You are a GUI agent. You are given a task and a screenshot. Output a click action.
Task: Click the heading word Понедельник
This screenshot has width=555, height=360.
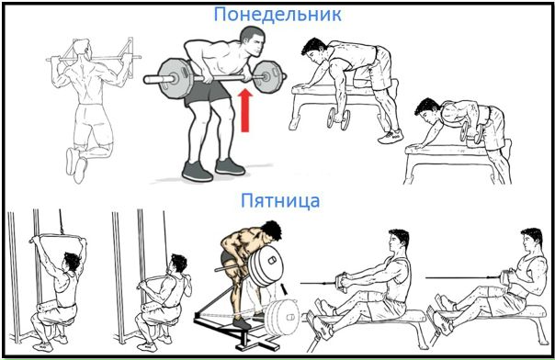[277, 15]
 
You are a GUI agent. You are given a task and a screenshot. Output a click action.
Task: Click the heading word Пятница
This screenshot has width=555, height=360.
[280, 201]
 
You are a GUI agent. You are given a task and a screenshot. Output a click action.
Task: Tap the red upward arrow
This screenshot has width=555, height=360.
[245, 110]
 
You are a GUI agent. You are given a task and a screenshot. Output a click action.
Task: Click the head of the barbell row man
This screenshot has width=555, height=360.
[254, 41]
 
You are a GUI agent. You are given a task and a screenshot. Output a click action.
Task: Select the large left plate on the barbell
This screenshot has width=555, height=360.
[176, 78]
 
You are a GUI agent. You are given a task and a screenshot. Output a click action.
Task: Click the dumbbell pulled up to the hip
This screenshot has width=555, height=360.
[470, 131]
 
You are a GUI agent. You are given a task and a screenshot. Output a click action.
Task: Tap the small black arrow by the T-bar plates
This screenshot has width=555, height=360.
[284, 287]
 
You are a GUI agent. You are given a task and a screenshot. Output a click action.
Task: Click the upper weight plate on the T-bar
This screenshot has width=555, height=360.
[266, 266]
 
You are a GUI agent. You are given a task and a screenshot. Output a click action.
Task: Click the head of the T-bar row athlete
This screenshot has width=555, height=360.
[270, 232]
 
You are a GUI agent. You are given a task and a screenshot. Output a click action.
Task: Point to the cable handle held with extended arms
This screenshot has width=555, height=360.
[341, 283]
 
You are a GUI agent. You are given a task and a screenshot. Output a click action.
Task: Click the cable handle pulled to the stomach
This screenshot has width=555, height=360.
[506, 278]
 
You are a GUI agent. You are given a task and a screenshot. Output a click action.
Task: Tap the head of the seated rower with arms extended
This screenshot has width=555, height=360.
[399, 242]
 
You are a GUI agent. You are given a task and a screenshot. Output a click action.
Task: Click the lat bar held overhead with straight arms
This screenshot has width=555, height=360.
[57, 238]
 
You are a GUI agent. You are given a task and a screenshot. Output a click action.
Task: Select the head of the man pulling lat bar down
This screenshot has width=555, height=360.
[177, 264]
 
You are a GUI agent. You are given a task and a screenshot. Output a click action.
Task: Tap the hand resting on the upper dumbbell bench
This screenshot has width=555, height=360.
[304, 87]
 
